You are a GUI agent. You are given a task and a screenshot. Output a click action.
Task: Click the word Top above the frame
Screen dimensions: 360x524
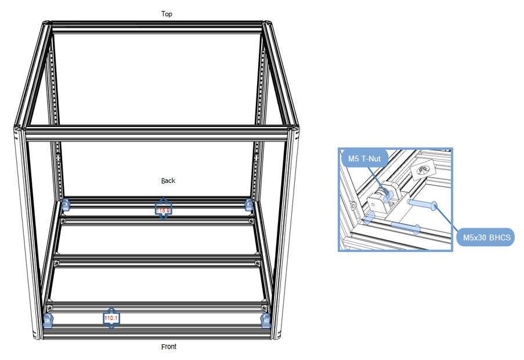(167, 13)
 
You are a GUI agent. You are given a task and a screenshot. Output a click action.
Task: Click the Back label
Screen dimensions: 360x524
(168, 181)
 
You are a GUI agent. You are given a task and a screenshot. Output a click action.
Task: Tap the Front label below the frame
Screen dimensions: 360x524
(168, 347)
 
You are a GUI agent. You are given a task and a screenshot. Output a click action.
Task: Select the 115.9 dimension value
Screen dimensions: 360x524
(163, 210)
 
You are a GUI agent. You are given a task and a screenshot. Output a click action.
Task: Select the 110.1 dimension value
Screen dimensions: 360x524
(111, 318)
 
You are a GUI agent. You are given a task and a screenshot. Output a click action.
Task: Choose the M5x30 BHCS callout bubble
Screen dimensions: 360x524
(485, 237)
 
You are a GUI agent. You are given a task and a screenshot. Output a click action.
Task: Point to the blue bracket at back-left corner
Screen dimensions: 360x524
(65, 204)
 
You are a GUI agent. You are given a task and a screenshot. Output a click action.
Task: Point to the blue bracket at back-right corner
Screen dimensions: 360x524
(249, 204)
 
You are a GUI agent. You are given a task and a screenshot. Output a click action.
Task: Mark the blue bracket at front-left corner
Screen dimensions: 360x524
(48, 320)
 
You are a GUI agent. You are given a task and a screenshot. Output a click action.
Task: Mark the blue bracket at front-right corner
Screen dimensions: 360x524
(266, 320)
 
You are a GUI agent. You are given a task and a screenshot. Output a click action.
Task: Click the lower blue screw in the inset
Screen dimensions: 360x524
(404, 226)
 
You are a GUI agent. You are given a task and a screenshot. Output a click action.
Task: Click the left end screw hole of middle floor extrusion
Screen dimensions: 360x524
(57, 263)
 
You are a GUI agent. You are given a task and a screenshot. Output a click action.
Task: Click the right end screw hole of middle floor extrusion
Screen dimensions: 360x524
(257, 263)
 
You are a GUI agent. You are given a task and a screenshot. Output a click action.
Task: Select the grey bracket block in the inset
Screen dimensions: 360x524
(380, 200)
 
